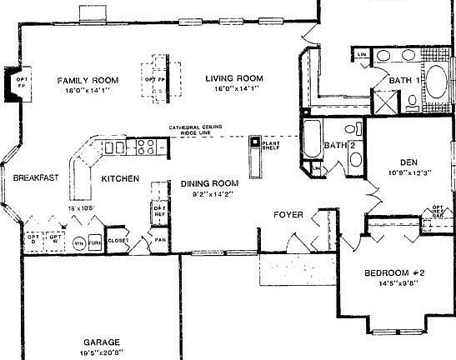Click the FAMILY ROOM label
tap(88, 80)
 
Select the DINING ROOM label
tap(209, 183)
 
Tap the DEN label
tap(408, 162)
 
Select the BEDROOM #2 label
tap(395, 272)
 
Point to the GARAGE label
tap(101, 342)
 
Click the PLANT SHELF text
tap(271, 147)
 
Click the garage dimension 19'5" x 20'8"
tap(101, 352)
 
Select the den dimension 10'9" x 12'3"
tap(408, 172)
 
